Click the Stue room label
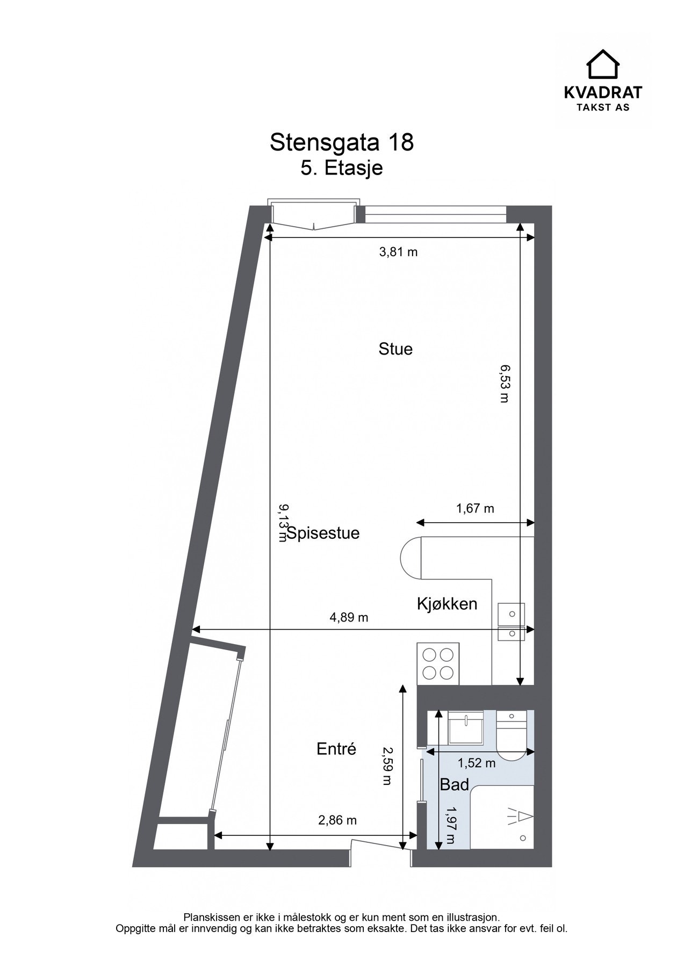pos(395,349)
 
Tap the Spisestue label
pos(323,533)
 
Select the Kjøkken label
pos(447,604)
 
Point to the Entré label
pos(336,749)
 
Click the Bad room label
pos(455,785)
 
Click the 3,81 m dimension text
pos(398,252)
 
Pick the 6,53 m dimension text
pos(503,383)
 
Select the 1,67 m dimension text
pos(475,508)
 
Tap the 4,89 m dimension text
pos(349,617)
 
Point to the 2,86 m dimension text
pos(337,820)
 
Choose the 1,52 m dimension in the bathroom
pos(477,762)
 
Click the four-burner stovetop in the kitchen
pos(438,664)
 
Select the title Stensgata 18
pos(341,143)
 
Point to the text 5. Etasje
pos(341,168)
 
